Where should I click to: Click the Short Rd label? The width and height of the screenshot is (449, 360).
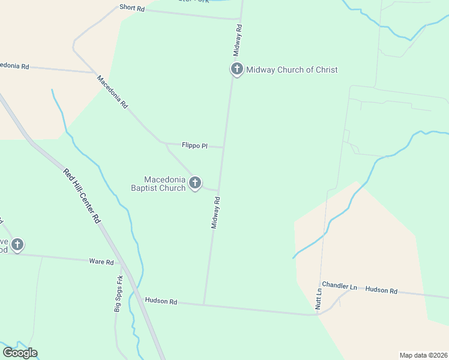coord(132,8)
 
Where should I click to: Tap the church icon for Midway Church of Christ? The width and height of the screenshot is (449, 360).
coord(237,69)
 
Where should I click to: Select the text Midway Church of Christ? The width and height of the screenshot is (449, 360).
coord(292,70)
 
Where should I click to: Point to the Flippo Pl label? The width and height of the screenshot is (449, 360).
coord(194,145)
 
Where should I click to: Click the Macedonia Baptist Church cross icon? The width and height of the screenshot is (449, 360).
coord(194,182)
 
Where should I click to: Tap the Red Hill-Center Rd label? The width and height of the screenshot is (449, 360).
coord(81,196)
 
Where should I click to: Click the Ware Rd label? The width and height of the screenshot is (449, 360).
coord(101,262)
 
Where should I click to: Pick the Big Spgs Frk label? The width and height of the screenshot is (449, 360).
coord(118,293)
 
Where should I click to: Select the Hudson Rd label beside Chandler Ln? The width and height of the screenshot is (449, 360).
coord(381,290)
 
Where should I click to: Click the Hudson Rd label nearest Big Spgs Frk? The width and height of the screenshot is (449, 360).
coord(160,301)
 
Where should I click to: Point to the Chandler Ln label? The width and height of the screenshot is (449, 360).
coord(339,287)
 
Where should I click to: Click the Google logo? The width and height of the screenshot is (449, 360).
coord(20,353)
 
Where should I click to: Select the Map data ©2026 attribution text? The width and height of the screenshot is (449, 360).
coord(423,355)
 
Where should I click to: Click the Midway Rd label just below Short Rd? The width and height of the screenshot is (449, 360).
coord(238,37)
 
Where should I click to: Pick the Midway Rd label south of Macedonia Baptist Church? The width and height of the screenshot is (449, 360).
coord(216,212)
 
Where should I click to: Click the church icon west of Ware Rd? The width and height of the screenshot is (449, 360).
coord(17,244)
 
